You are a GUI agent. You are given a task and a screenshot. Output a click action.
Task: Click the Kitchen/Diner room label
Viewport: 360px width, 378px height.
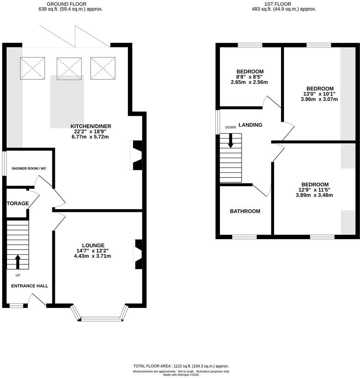(91, 126)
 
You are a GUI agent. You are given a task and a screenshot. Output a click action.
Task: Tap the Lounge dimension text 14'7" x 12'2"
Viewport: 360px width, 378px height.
(93, 251)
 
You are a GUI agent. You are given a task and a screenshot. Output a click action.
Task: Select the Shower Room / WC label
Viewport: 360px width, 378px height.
(29, 168)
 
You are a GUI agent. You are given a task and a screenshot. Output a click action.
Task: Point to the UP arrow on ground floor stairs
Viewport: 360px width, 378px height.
(18, 262)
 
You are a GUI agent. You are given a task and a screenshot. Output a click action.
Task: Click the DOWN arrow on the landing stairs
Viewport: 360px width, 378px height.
(231, 140)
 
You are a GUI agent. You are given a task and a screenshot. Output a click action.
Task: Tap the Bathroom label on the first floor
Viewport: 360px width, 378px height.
(245, 211)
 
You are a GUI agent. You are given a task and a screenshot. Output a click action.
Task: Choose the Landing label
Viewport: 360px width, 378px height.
(250, 125)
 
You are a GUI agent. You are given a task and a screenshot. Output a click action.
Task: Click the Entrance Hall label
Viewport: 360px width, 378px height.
(30, 286)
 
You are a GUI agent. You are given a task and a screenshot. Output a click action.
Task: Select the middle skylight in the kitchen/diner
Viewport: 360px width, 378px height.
(69, 68)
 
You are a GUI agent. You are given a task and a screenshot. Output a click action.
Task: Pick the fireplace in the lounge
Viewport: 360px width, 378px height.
(138, 254)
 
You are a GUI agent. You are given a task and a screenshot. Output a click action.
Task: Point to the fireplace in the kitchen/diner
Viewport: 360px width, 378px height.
(136, 155)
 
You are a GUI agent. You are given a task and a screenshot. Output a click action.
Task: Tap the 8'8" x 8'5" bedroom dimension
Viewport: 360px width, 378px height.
(250, 77)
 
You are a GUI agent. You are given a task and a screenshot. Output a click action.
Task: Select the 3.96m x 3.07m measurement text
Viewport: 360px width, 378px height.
(319, 99)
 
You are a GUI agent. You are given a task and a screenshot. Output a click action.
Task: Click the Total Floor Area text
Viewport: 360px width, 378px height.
(181, 366)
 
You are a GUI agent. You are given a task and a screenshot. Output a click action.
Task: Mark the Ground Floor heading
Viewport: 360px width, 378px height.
(66, 4)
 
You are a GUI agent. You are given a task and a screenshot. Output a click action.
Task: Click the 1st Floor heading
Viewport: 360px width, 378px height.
(278, 4)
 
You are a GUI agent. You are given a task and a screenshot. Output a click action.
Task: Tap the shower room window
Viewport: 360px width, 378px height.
(4, 164)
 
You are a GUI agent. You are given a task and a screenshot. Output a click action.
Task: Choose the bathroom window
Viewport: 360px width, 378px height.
(245, 237)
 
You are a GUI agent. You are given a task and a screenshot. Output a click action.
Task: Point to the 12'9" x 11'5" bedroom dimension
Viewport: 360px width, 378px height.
(315, 190)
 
